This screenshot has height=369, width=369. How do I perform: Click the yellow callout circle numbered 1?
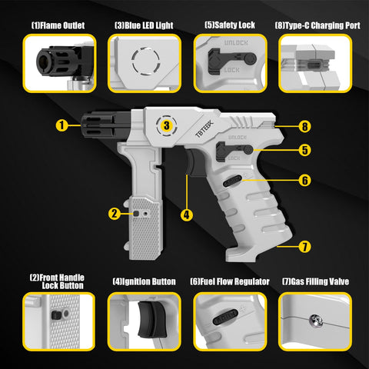61,125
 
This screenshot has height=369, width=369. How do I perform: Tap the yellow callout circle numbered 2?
115,214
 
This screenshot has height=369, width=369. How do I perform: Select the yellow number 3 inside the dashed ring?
167,125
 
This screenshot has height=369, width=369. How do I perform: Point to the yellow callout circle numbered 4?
187,214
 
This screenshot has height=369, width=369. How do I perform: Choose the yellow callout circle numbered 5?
304,150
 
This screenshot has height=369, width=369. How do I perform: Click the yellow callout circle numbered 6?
304,180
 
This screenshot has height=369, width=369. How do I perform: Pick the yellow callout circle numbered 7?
304,247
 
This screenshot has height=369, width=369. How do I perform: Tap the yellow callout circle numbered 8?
304,126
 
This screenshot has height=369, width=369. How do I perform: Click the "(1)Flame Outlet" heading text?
58,25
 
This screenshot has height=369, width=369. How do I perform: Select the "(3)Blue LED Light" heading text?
144,25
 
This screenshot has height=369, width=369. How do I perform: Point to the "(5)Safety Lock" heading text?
230,25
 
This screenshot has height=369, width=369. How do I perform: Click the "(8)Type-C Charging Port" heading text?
317,25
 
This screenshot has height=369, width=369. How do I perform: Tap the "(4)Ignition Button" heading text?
145,281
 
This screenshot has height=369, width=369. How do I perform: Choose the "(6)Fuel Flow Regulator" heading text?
230,281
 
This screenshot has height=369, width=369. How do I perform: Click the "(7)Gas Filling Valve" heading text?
316,281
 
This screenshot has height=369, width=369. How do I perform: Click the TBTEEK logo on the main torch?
204,129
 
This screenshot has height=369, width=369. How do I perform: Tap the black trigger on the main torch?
194,163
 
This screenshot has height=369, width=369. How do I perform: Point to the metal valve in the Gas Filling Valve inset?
316,321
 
